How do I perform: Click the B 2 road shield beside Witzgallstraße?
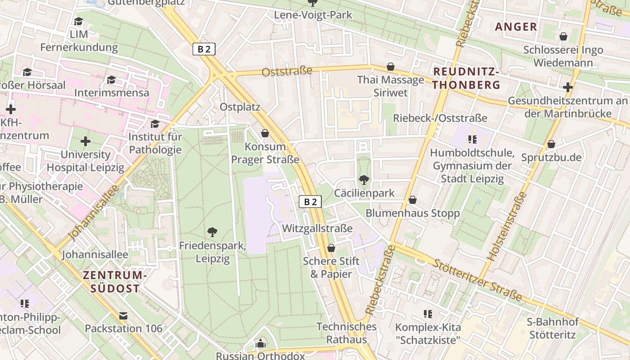pos(310,202)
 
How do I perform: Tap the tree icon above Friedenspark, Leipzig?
pos(212,232)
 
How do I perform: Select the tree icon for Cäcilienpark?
pos(364,180)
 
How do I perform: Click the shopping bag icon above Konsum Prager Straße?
pos(265,133)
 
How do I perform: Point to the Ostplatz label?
pos(240,107)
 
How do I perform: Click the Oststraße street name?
pos(287,71)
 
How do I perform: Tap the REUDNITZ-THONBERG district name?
pos(467,78)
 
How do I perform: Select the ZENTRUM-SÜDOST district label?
pos(115,282)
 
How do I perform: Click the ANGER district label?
pos(516,27)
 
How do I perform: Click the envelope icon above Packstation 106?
pos(123,315)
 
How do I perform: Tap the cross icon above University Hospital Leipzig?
pos(85,141)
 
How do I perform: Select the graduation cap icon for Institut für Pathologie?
pos(155,124)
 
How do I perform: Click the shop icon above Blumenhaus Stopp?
pos(412,200)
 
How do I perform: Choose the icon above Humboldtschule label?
pos(472,139)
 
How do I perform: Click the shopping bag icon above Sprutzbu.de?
pos(551,144)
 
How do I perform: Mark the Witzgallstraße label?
pos(317,228)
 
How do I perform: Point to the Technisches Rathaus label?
pos(346,333)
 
